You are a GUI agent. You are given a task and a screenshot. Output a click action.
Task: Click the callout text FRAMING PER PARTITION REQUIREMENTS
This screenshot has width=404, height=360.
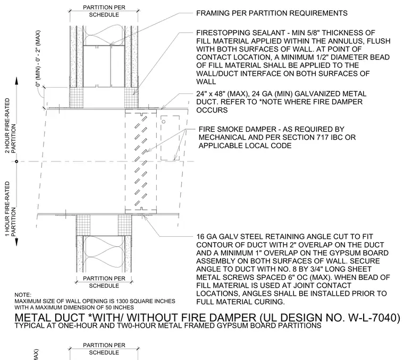[x=272, y=13]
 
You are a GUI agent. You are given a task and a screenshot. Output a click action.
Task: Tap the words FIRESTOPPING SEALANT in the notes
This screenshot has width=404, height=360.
[x=240, y=33]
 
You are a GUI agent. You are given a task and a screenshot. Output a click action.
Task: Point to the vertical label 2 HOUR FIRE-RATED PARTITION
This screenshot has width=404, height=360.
[x=10, y=126]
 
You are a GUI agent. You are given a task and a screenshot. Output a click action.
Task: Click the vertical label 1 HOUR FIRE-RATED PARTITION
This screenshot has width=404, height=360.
[x=10, y=209]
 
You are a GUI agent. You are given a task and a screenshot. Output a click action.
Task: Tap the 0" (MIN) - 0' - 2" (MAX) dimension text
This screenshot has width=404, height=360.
[x=38, y=58]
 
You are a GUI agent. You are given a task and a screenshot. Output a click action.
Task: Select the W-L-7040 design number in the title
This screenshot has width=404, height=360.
[x=374, y=318]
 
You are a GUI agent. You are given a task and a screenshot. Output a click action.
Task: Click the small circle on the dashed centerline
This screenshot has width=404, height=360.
[x=16, y=161]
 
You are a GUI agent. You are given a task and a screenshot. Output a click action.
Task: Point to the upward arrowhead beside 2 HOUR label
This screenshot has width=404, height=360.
[x=16, y=80]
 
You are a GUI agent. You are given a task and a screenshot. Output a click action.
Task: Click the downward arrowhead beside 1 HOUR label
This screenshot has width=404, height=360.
[x=16, y=243]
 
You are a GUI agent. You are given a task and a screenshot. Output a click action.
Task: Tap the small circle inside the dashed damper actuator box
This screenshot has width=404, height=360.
[x=163, y=122]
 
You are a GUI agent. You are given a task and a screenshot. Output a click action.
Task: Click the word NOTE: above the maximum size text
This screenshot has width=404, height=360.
[x=23, y=295]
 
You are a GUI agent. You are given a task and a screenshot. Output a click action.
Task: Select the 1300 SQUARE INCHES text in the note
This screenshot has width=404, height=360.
[x=146, y=301]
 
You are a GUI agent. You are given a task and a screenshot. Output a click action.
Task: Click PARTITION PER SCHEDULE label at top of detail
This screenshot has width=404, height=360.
[x=104, y=11]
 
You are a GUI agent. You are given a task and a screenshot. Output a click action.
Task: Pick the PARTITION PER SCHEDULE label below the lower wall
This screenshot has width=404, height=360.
[x=104, y=282]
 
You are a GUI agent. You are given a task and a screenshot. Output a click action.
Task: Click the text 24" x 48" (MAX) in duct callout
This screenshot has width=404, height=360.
[x=222, y=93]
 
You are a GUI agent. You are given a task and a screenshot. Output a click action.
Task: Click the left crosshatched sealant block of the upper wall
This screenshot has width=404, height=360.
[x=77, y=98]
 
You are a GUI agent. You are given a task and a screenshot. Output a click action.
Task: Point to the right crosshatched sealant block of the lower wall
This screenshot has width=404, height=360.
[x=125, y=225]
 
